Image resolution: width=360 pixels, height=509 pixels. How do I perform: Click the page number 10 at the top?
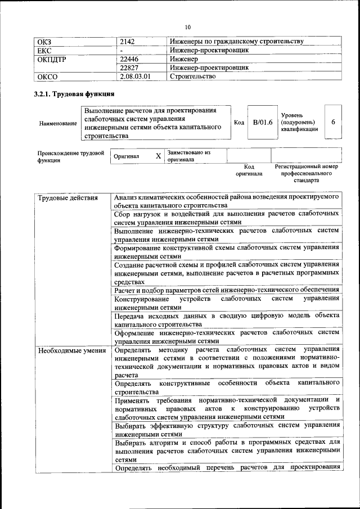[x=188, y=26]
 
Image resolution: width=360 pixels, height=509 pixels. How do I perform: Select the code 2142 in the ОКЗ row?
[x=128, y=42]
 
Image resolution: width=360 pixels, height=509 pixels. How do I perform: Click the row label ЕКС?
[x=44, y=50]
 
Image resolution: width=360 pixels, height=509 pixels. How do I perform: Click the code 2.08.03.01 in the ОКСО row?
[x=136, y=76]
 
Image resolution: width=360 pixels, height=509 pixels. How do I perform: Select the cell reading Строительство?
[x=192, y=76]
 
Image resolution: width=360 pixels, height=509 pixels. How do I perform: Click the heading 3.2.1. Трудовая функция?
[x=74, y=94]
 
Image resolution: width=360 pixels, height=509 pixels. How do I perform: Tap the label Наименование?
[x=57, y=123]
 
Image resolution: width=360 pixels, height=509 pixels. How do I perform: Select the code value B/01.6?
[x=262, y=122]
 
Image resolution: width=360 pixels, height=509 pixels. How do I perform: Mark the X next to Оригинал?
[x=159, y=156]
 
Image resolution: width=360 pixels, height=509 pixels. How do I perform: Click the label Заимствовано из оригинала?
[x=188, y=156]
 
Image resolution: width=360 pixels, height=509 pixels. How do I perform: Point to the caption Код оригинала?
[x=249, y=170]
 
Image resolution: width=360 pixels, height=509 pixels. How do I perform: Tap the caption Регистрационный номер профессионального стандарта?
[x=306, y=174]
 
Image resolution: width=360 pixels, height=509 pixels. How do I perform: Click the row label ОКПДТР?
[x=52, y=59]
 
